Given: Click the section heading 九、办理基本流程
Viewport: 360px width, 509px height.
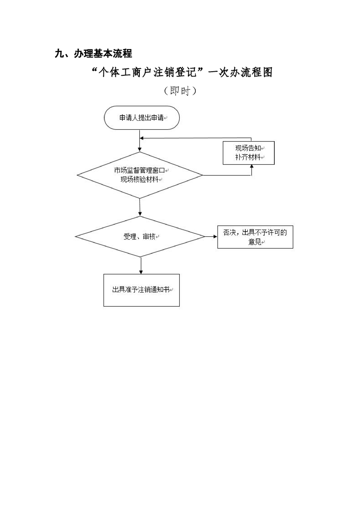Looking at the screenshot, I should (x=93, y=54).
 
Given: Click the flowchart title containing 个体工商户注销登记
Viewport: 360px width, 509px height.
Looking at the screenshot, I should (x=182, y=72).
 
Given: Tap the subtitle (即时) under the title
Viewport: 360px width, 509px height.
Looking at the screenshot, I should (x=180, y=91).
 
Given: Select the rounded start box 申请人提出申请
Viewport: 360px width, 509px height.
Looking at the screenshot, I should (x=142, y=118).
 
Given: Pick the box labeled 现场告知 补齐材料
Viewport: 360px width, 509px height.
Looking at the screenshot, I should (x=248, y=153).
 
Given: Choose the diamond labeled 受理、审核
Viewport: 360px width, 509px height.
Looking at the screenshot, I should (x=140, y=237).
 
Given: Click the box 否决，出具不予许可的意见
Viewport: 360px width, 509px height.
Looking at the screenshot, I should (x=255, y=237).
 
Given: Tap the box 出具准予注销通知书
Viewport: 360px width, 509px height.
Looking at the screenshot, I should (x=141, y=290).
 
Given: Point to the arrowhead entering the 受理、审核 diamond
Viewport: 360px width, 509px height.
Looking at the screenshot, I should (x=140, y=214).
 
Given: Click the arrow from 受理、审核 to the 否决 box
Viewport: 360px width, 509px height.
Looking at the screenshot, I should (x=211, y=236).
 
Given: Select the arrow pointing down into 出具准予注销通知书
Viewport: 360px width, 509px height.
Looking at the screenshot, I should (x=141, y=271).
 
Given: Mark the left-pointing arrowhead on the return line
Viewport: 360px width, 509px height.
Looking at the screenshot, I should (x=142, y=138).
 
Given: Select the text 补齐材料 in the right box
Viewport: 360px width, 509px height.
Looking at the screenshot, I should (x=247, y=157).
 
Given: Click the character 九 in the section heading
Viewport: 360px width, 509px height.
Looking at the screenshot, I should (x=59, y=54).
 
